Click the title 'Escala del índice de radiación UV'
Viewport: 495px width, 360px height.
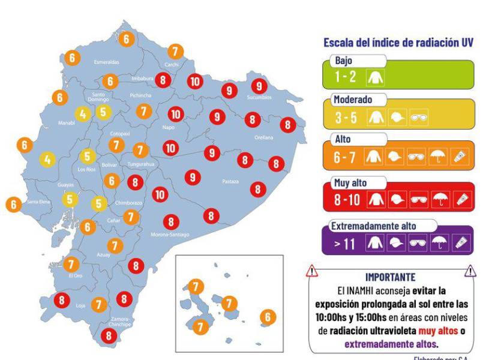[398, 43]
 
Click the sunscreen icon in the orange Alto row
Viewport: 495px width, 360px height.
[459, 158]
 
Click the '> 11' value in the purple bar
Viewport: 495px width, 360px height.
[346, 244]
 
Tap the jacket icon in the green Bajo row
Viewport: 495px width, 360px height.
[379, 77]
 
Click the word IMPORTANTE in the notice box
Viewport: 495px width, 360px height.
[390, 277]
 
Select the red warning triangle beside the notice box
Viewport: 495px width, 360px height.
[311, 272]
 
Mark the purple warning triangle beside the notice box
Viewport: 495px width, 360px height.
[470, 272]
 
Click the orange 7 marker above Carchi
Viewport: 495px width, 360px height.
[175, 51]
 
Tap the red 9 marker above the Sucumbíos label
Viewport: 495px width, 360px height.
[259, 86]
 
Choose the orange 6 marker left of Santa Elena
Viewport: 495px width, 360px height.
[14, 204]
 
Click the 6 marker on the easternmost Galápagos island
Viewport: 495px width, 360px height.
[268, 317]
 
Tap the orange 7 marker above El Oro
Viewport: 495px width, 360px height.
[71, 263]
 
